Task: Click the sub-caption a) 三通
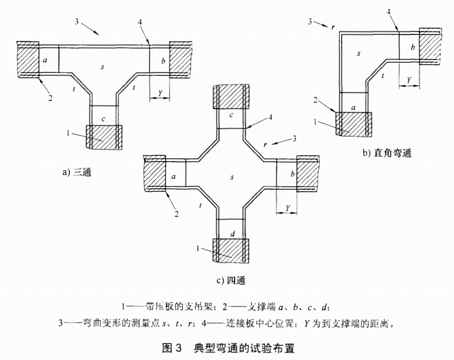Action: point(76,173)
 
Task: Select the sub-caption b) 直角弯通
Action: point(387,153)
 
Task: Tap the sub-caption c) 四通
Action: point(230,280)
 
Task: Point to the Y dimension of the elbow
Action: point(409,80)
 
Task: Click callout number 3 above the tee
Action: point(76,22)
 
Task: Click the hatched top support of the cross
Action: point(230,96)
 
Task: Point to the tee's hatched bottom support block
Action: point(104,137)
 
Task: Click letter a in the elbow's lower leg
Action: point(353,107)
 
